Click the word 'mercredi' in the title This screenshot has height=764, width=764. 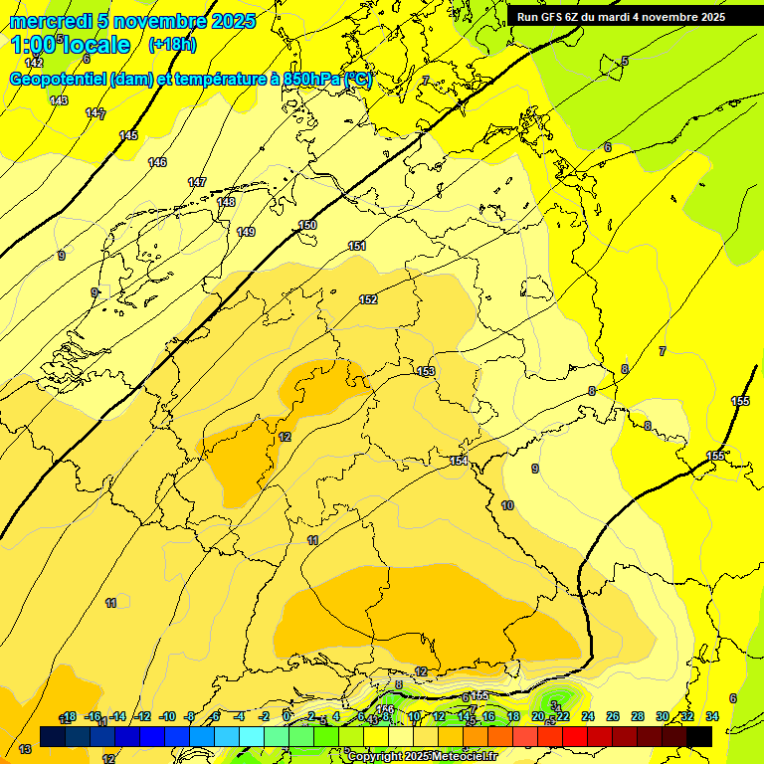pyautogui.click(x=51, y=21)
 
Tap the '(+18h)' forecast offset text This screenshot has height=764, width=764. pyautogui.click(x=172, y=45)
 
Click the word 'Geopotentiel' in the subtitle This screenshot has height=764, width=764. pyautogui.click(x=59, y=80)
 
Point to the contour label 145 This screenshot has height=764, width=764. pyautogui.click(x=128, y=135)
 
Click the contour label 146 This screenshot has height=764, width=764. pyautogui.click(x=157, y=162)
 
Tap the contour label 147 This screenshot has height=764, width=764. pyautogui.click(x=197, y=182)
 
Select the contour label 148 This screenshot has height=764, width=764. pyautogui.click(x=226, y=202)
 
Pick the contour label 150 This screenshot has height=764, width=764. pyautogui.click(x=307, y=225)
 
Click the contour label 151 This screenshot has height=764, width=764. pyautogui.click(x=357, y=246)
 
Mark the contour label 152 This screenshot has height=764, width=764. pyautogui.click(x=368, y=299)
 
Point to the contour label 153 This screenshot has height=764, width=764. pyautogui.click(x=426, y=371)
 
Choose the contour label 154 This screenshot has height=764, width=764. pyautogui.click(x=459, y=461)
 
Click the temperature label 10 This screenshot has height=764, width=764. pyautogui.click(x=507, y=506)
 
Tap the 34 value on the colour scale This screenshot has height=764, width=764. pyautogui.click(x=711, y=716)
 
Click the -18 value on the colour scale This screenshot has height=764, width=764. pyautogui.click(x=69, y=716)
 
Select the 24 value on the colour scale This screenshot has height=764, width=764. pyautogui.click(x=587, y=716)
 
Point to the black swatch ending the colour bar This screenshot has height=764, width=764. pyautogui.click(x=698, y=736)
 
